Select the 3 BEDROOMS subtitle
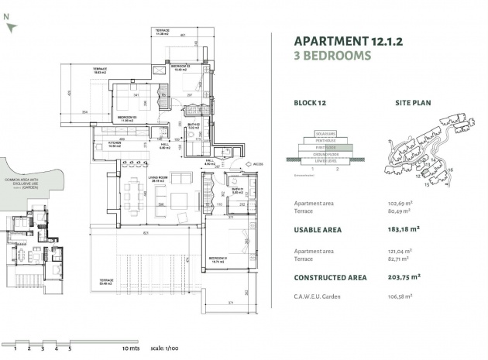tap(333, 56)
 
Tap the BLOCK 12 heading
tap(312, 102)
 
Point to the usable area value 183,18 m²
tap(403, 229)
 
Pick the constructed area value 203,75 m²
tap(403, 276)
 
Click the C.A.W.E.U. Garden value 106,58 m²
tap(400, 295)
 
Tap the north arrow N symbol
tap(8, 26)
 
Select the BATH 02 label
tap(195, 126)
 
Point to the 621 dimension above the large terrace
tap(145, 235)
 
